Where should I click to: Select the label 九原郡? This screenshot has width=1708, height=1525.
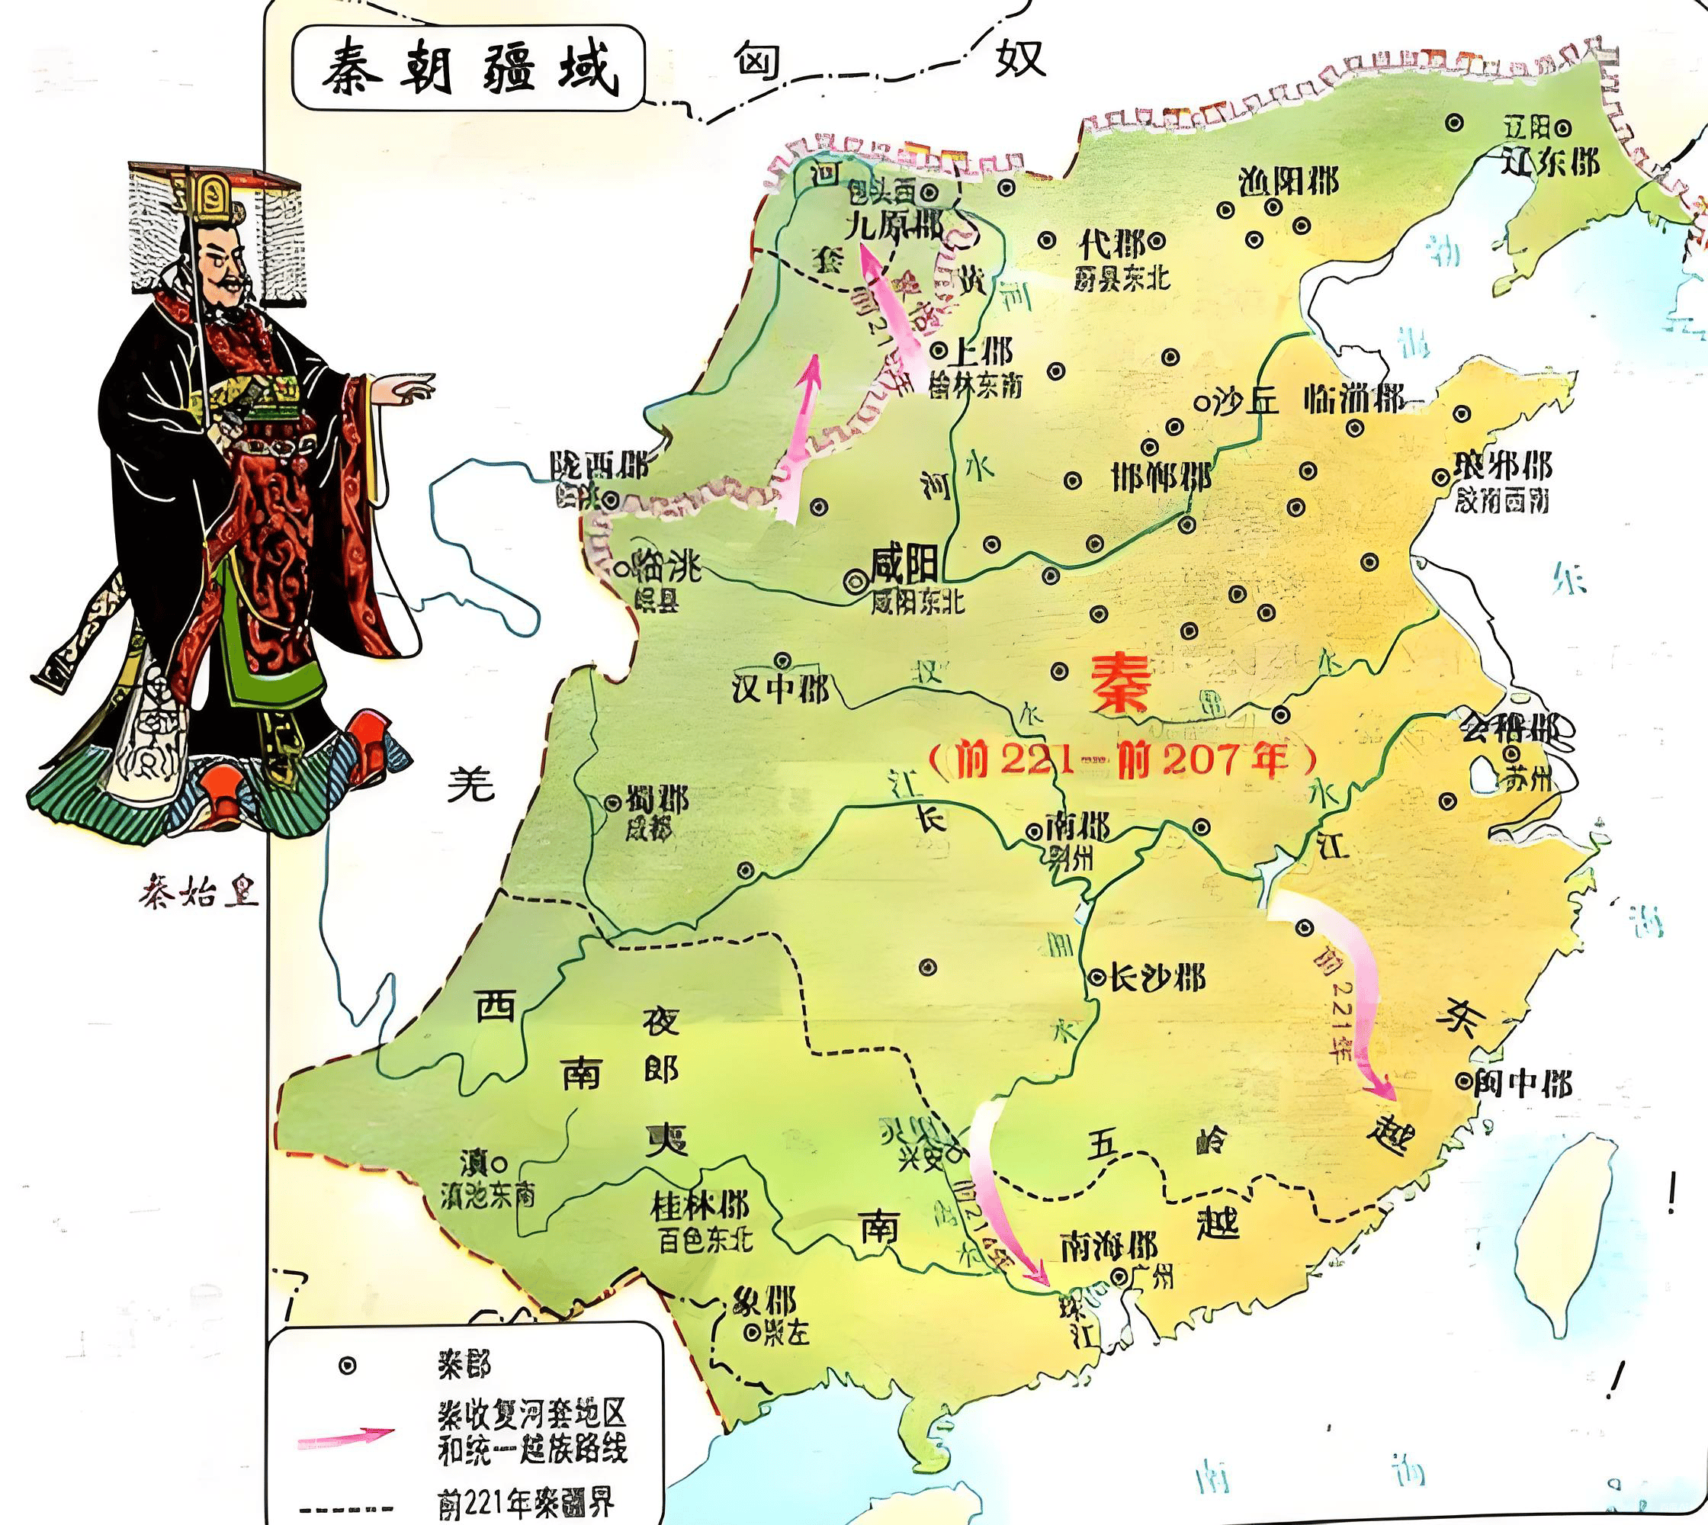894,226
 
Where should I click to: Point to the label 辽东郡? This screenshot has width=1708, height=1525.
1549,161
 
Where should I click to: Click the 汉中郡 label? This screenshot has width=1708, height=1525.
779,689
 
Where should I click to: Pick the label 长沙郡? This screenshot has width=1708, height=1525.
1157,977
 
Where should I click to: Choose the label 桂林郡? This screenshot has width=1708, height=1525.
700,1206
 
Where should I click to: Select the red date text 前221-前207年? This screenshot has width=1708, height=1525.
1124,759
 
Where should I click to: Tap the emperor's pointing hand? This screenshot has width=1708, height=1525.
406,387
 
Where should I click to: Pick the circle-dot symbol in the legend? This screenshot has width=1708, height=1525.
346,1366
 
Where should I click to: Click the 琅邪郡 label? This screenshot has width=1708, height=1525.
1504,465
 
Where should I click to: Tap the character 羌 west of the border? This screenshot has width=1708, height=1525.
470,785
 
